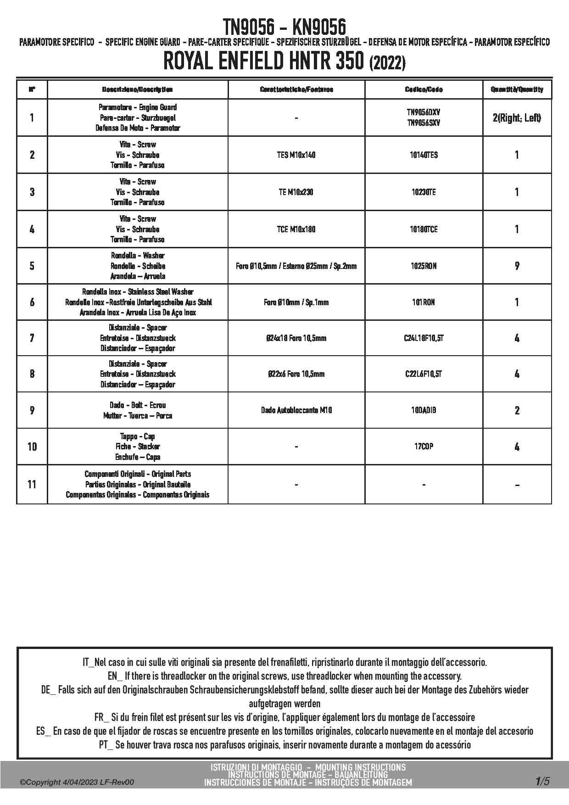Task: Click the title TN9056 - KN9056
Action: (284, 27)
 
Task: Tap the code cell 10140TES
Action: (424, 155)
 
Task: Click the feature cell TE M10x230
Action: (296, 192)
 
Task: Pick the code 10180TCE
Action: (424, 229)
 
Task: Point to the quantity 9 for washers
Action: (517, 266)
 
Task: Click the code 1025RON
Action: (424, 266)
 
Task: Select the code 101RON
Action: (424, 302)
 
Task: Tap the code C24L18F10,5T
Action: (424, 338)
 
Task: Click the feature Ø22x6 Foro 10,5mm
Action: (296, 374)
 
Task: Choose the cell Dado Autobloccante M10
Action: (296, 410)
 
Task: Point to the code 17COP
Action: (424, 447)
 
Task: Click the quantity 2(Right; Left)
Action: (517, 118)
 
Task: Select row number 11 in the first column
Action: (32, 484)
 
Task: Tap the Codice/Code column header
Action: (424, 89)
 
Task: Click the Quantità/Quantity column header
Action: (517, 89)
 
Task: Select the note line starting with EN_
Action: (284, 676)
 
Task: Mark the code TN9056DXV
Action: (424, 112)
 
